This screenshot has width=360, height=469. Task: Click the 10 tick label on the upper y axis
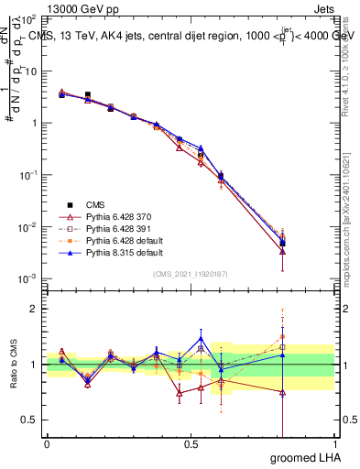click(32, 71)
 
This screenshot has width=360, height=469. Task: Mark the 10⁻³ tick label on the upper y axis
click(30, 278)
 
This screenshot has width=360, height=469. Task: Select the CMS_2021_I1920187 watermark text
click(191, 274)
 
